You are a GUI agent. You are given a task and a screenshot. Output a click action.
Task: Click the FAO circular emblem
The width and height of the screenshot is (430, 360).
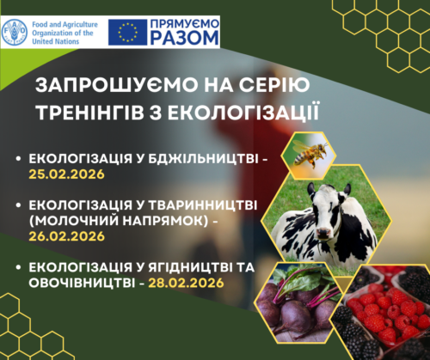[x=15, y=32]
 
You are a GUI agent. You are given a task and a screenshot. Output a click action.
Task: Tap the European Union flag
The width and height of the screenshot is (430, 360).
[x=127, y=32]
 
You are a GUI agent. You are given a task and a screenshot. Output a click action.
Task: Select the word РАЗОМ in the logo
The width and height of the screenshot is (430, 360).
[x=184, y=38]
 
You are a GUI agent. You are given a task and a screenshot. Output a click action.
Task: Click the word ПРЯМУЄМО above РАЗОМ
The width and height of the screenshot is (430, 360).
[x=185, y=24]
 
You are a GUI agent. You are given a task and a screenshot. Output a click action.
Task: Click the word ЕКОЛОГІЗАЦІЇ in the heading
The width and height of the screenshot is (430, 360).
[x=243, y=113]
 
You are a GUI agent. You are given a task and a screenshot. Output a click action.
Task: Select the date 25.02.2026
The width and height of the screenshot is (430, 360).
[x=66, y=174]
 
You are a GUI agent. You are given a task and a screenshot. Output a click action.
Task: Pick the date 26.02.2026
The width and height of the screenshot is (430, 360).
[x=66, y=236]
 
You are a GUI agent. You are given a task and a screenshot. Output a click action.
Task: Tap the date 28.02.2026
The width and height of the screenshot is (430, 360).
[x=186, y=283]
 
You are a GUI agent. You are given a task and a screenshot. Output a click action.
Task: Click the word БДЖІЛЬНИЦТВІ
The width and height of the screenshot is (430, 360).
[x=203, y=158]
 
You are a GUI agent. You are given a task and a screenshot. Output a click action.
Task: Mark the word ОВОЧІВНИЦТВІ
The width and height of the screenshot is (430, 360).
[x=82, y=283]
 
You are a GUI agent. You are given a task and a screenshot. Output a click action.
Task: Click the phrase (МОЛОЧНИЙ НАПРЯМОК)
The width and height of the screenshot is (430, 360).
[x=119, y=221]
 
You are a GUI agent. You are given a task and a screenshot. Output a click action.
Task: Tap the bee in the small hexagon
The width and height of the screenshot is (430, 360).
[x=310, y=154]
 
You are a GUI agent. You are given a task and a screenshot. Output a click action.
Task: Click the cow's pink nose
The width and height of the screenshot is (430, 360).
[x=323, y=232]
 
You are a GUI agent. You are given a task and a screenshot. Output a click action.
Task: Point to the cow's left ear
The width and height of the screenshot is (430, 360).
[x=347, y=189]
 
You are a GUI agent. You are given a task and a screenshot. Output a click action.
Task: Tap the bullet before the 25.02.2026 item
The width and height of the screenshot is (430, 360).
[x=19, y=158]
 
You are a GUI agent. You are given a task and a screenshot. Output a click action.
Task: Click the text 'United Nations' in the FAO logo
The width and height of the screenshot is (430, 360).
[x=55, y=41]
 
